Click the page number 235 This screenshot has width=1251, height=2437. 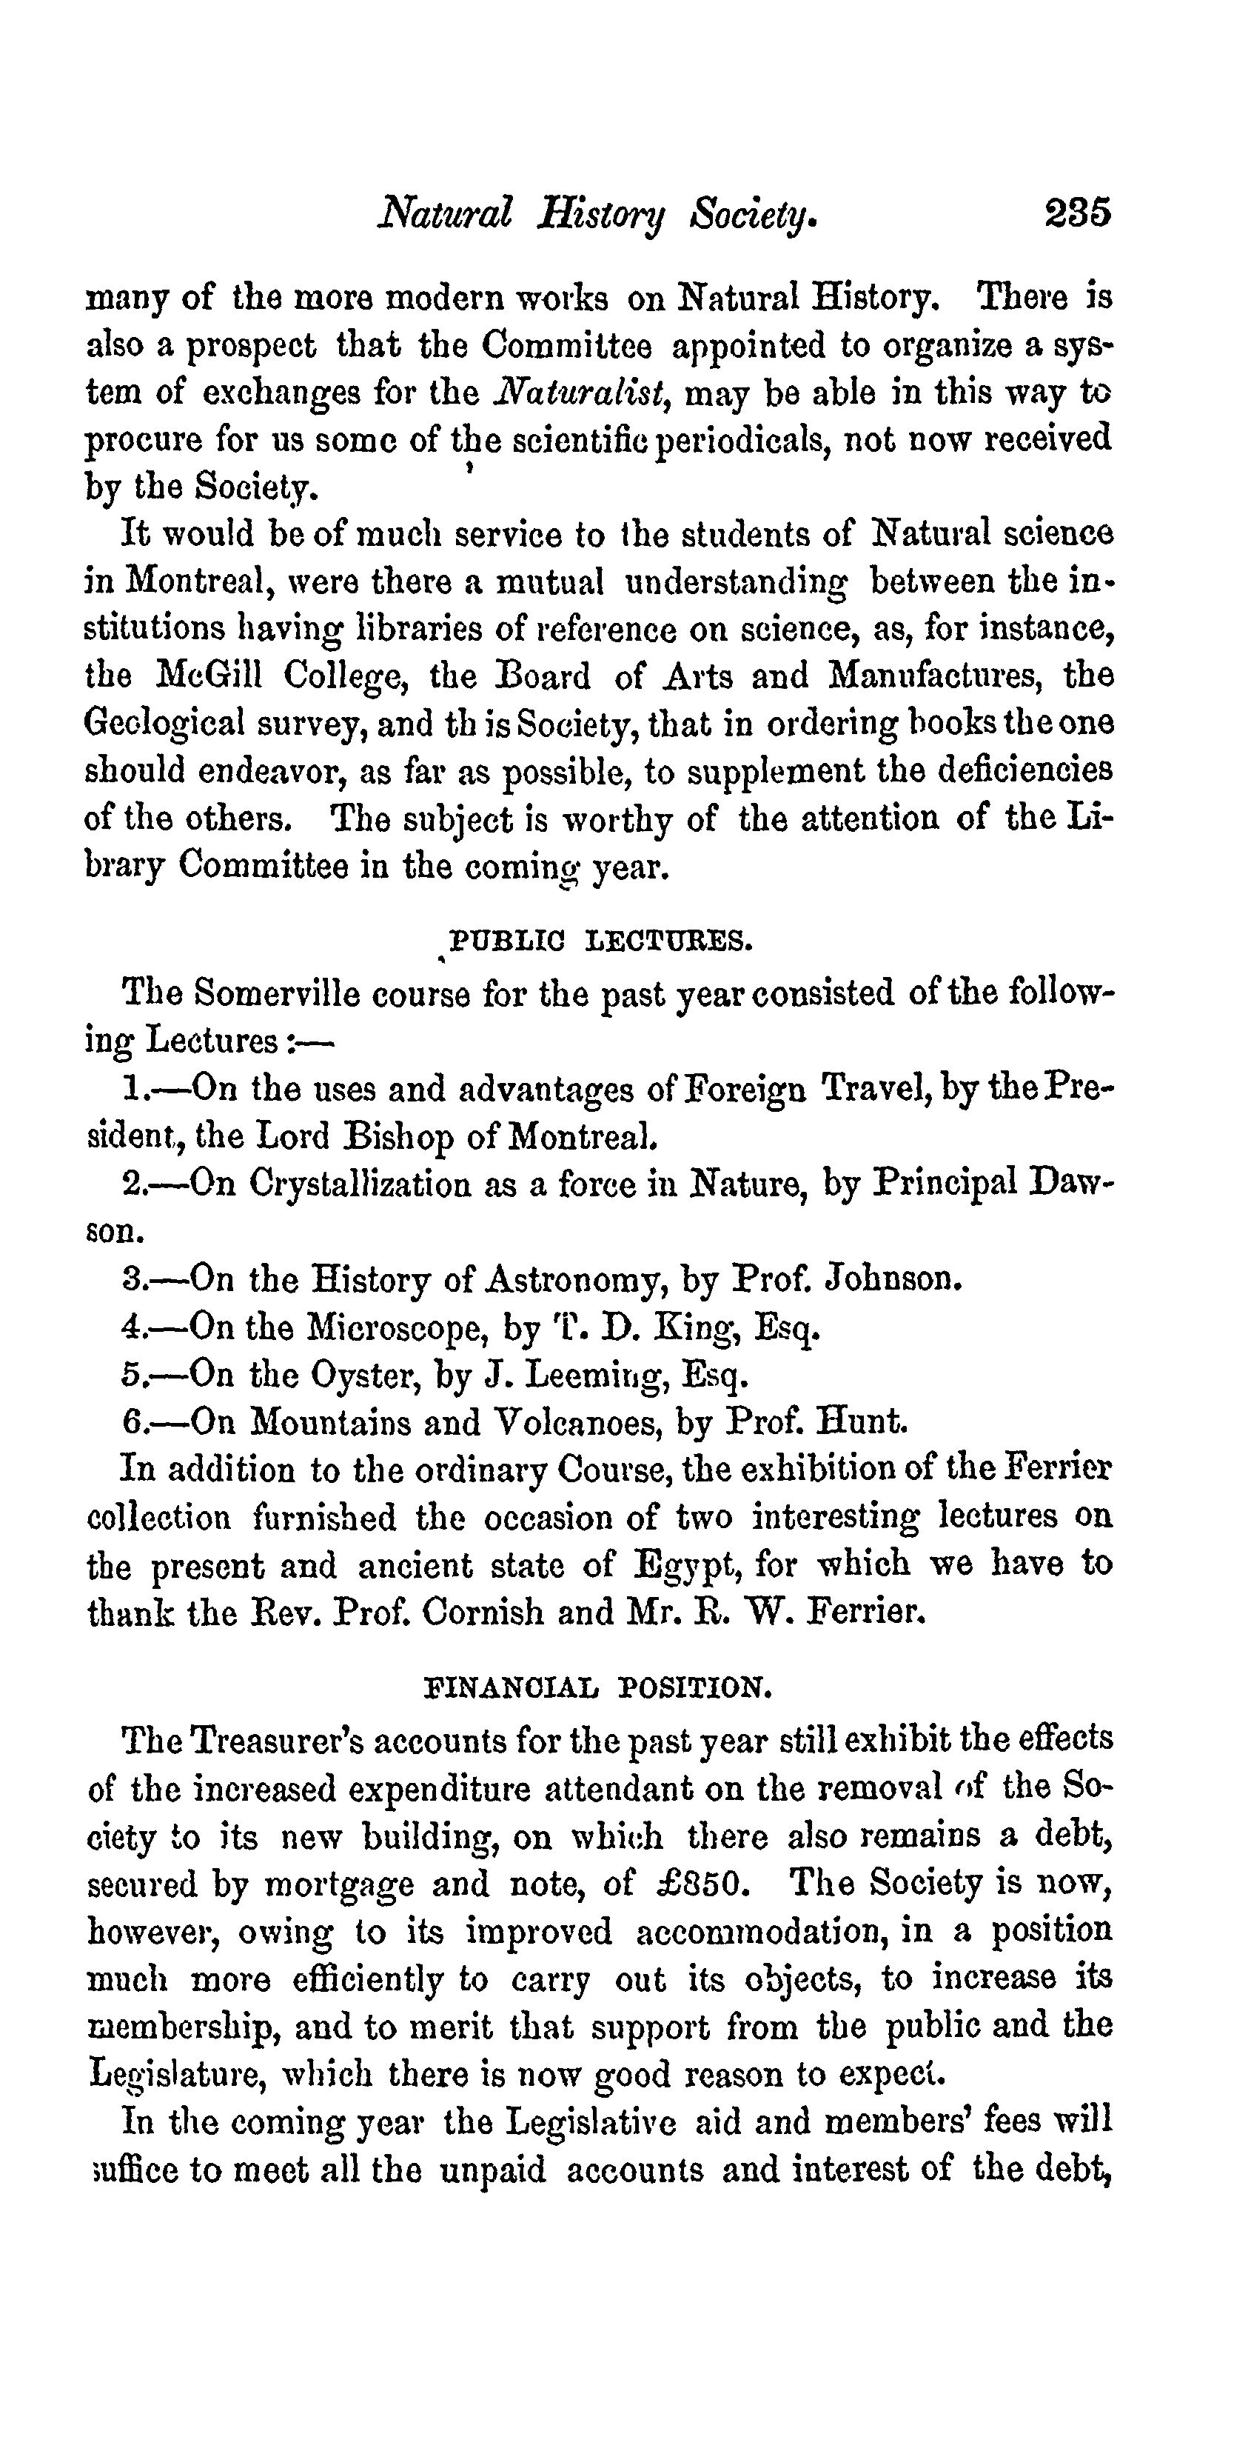pos(1077,213)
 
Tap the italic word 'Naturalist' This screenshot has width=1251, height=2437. pos(583,393)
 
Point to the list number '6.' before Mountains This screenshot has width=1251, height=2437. pos(133,1422)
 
